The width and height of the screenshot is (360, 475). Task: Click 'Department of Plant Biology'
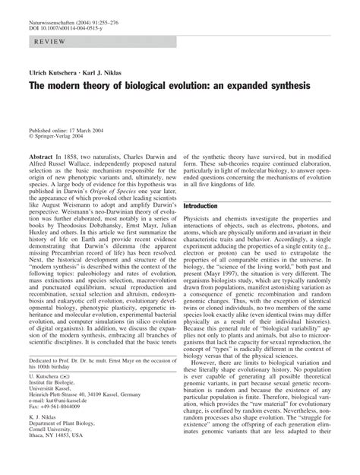(x=69, y=453)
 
